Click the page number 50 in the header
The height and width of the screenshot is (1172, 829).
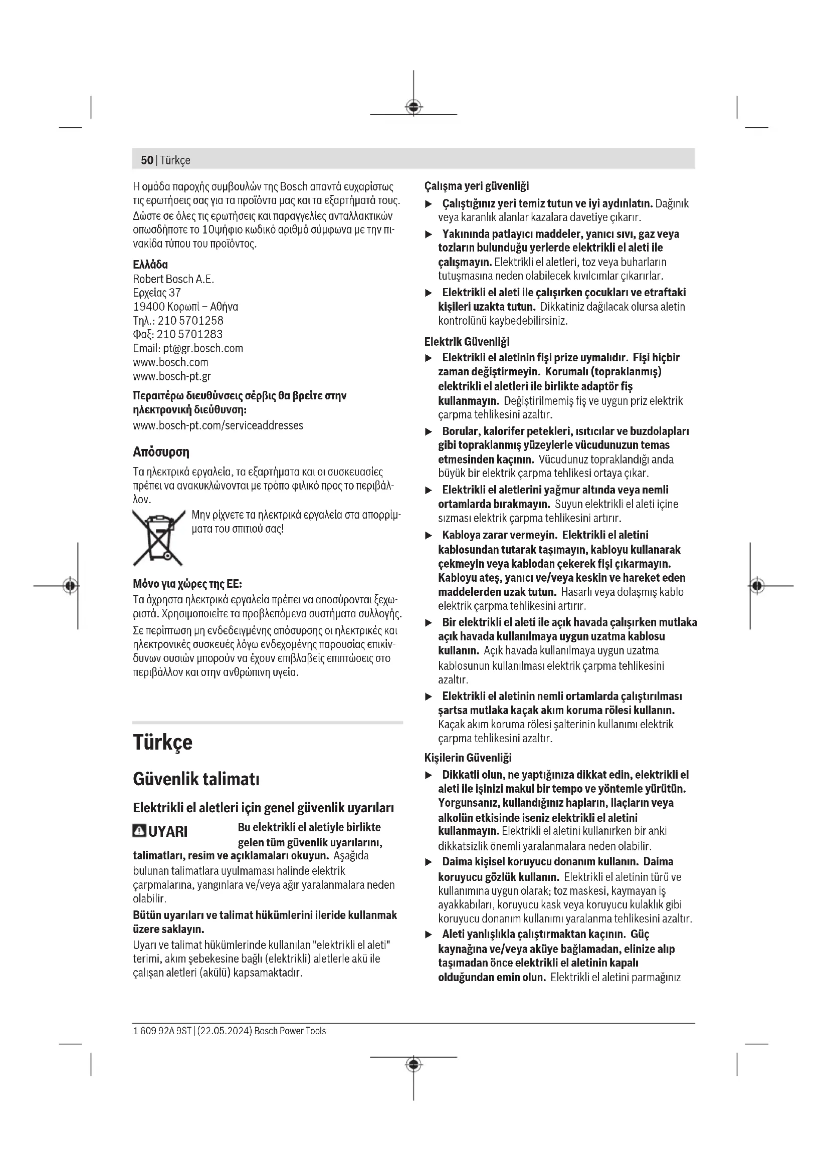pos(146,160)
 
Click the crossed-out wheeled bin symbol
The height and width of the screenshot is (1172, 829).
pos(158,538)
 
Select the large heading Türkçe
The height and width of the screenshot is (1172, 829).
pos(162,742)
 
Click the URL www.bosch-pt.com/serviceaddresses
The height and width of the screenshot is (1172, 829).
pos(218,425)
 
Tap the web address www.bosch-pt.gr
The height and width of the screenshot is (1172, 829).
pos(171,376)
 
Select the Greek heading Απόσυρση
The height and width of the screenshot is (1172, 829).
pos(161,452)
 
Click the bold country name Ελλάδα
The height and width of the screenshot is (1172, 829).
pos(150,265)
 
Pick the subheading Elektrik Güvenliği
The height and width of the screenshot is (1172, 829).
pos(467,342)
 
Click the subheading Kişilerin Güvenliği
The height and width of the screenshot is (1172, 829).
pos(468,758)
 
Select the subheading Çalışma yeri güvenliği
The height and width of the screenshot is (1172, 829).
pos(476,186)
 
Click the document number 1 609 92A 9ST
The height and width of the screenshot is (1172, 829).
pos(162,1031)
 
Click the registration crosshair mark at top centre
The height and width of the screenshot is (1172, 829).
pos(413,107)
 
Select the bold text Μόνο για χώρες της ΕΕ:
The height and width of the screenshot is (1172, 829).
pos(187,583)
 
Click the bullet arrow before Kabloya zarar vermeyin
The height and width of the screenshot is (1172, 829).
pos(429,536)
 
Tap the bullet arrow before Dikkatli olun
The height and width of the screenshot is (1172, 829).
pos(429,775)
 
